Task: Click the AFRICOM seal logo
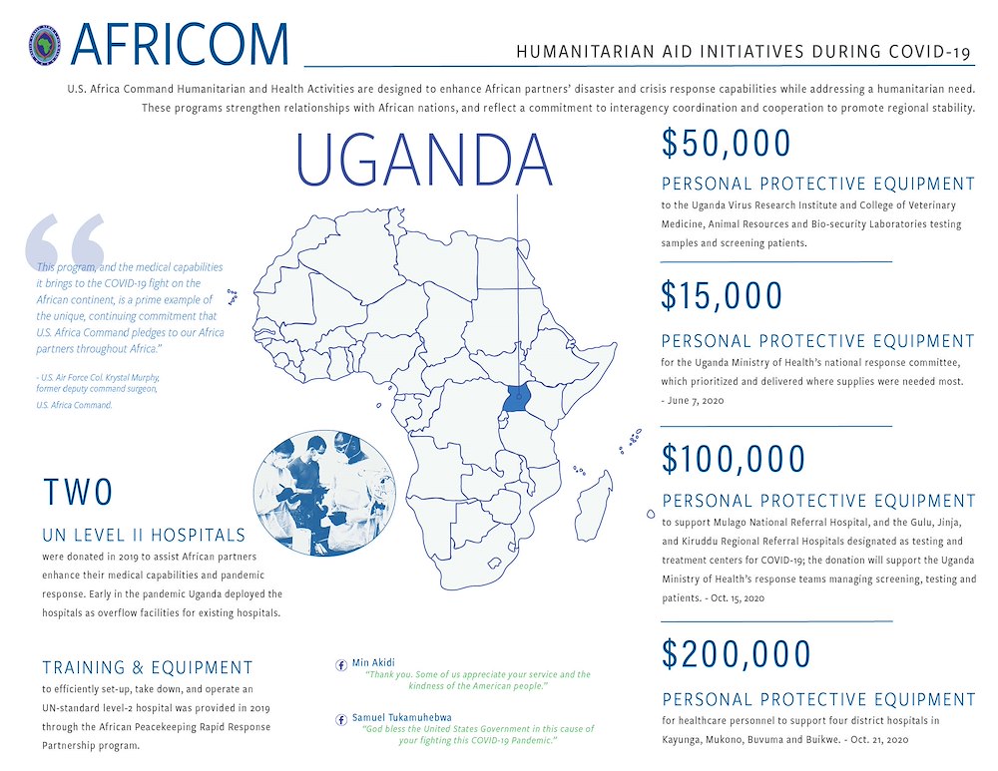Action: (x=48, y=45)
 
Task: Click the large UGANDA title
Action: (x=425, y=161)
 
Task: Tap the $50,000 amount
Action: (x=726, y=145)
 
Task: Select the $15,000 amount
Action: (x=722, y=296)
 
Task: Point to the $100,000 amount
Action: (x=733, y=459)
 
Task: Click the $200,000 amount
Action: (x=736, y=654)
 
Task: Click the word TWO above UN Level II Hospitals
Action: (x=78, y=493)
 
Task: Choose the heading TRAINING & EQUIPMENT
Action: (x=148, y=667)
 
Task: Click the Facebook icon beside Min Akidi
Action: (x=342, y=663)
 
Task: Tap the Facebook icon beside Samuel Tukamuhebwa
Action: (x=342, y=717)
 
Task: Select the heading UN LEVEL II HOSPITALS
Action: (x=143, y=536)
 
